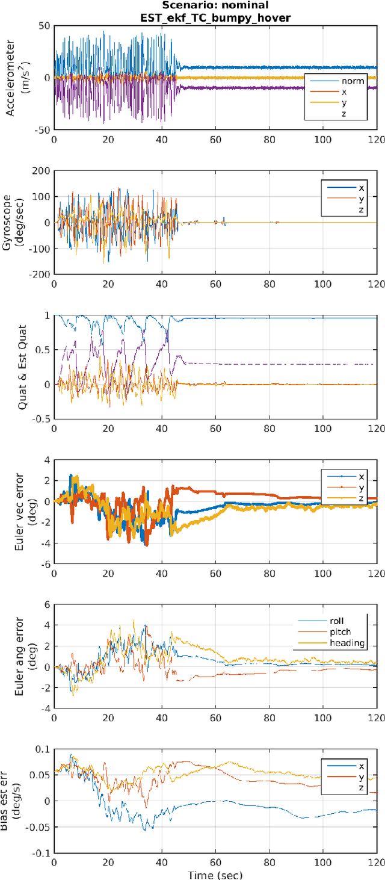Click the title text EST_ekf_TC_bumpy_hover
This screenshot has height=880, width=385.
(x=215, y=17)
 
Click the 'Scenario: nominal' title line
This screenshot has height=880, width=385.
(x=215, y=6)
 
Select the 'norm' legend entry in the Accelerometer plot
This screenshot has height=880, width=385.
(x=352, y=81)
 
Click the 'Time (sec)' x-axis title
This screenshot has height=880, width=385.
(x=215, y=875)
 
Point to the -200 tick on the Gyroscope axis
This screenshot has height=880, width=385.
(x=40, y=274)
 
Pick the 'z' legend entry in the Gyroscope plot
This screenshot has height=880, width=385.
(x=362, y=210)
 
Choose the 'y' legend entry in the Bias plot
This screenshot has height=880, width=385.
(x=362, y=777)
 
